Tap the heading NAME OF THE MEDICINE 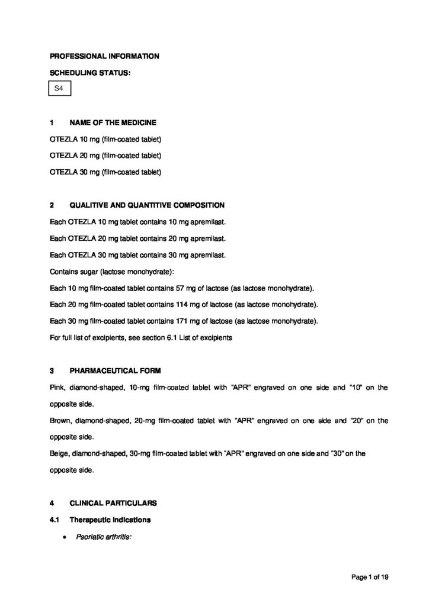(113, 123)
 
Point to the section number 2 (52, 205)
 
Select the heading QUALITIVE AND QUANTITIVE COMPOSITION (147, 205)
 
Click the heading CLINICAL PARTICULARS (113, 504)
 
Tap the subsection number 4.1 (55, 520)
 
